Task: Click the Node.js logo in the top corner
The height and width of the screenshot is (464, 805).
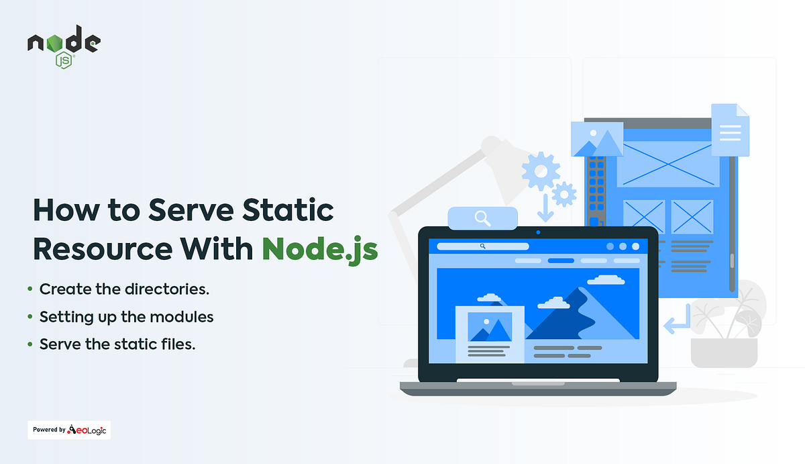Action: click(63, 48)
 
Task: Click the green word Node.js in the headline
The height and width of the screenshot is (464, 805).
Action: click(320, 248)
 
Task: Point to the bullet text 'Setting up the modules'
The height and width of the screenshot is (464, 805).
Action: click(126, 316)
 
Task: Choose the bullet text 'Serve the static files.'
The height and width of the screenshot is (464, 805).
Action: click(117, 344)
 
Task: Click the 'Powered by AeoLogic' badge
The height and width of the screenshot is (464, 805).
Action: click(69, 430)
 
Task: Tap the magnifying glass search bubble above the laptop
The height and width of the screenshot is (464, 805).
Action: click(482, 218)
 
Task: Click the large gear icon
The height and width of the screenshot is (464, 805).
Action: click(540, 169)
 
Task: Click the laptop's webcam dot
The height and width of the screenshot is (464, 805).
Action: click(538, 232)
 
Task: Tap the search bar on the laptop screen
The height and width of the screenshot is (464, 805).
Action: click(482, 246)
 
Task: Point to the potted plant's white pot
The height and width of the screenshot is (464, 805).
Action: click(724, 353)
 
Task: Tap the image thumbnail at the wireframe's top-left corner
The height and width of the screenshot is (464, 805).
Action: click(597, 139)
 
